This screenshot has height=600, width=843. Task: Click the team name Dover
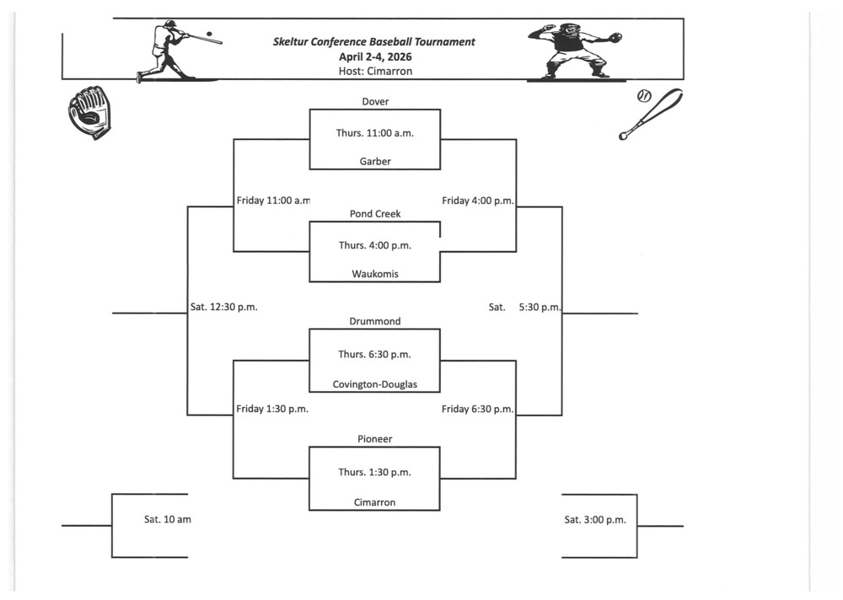tap(375, 102)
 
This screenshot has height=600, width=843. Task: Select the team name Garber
tap(375, 162)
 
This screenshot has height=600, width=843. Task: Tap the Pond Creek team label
tap(375, 214)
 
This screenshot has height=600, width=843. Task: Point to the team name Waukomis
tap(375, 274)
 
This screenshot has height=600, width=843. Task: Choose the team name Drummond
tap(375, 321)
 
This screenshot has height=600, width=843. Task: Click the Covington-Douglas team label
tap(375, 385)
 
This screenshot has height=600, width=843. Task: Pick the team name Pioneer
tap(375, 439)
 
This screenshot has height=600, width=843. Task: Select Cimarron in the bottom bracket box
tap(375, 503)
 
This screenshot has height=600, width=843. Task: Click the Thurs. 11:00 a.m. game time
tap(375, 133)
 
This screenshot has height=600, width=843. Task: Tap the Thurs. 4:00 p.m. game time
tap(375, 245)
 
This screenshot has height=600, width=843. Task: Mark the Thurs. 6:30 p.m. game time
tap(375, 355)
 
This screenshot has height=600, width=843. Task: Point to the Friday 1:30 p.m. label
tap(272, 410)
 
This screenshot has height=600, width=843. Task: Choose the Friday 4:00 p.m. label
tap(478, 201)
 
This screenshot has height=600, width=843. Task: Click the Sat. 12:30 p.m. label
tap(223, 308)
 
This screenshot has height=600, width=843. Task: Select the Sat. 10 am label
tap(167, 520)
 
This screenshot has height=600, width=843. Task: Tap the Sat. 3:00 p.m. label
tap(595, 520)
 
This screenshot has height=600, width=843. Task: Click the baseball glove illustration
tap(89, 111)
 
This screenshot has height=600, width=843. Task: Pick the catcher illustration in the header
tap(576, 50)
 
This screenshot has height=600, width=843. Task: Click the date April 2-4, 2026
tap(374, 56)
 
